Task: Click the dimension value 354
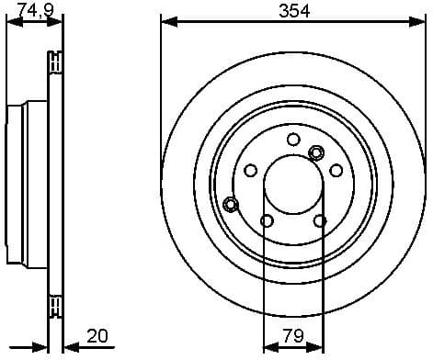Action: pos(295,11)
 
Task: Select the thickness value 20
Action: pos(97,336)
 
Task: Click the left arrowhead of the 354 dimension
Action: pos(166,20)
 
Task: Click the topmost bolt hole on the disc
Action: pos(293,140)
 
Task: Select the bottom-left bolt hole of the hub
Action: pos(267,220)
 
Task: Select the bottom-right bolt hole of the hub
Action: pos(319,220)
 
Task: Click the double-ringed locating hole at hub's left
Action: pos(231,203)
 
